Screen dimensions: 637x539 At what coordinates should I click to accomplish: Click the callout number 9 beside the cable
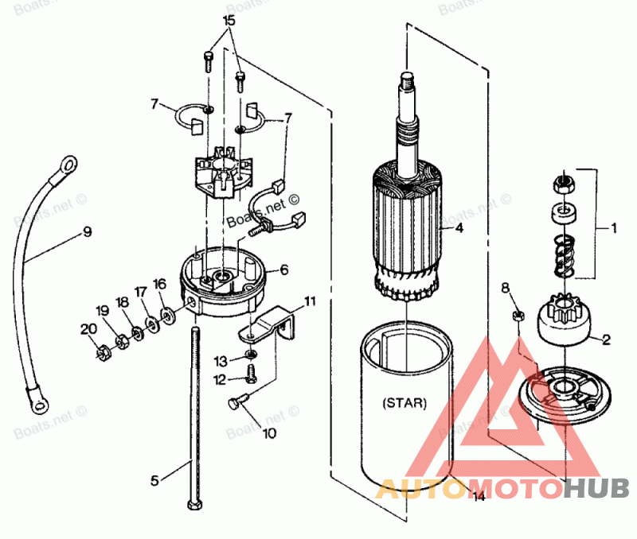click(87, 232)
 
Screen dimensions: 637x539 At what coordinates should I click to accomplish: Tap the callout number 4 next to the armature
click(459, 227)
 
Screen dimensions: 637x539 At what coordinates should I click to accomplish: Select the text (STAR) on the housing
click(404, 403)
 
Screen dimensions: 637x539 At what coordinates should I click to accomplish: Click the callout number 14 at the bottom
click(477, 498)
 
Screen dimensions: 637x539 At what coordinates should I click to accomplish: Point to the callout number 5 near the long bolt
click(155, 479)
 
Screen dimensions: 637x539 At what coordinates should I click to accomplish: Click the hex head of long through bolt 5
click(193, 506)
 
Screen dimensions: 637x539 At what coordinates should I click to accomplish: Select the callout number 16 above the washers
click(160, 283)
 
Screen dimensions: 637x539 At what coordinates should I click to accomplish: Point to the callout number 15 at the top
click(229, 18)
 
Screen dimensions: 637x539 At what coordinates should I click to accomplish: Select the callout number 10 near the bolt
click(269, 434)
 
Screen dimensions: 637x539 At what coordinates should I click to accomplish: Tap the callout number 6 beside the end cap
click(283, 270)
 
